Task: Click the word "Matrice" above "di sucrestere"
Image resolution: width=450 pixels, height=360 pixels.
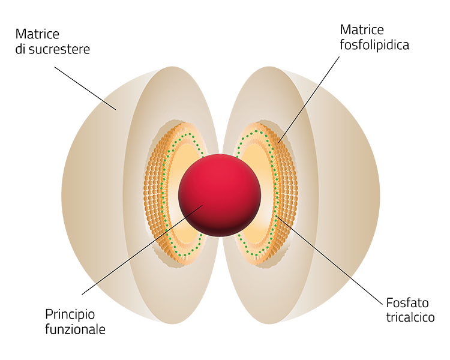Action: [37, 34]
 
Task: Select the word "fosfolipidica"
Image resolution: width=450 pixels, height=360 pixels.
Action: [374, 44]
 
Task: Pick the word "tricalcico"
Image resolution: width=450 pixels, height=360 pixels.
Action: [410, 317]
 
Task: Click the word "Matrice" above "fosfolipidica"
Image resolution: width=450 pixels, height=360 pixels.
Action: [362, 29]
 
